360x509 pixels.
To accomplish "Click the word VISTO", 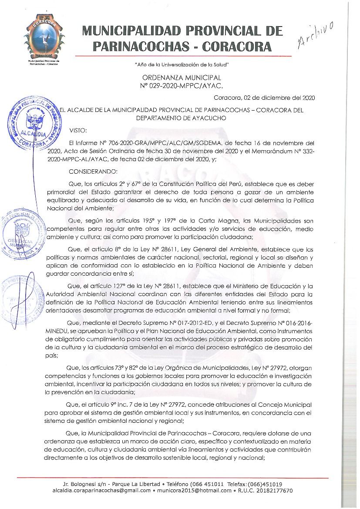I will coord(78,130).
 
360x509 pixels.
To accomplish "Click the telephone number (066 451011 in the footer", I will coord(202,484).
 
